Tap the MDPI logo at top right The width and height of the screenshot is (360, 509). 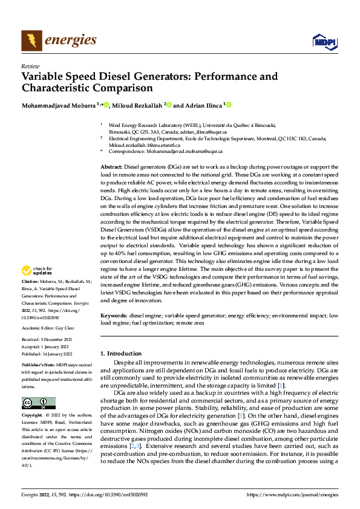pyautogui.click(x=325, y=41)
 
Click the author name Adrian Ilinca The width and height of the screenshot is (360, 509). pyautogui.click(x=202, y=105)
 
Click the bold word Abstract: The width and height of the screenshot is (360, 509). pyautogui.click(x=111, y=166)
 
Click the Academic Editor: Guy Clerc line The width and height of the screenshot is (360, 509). pyautogui.click(x=48, y=326)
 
